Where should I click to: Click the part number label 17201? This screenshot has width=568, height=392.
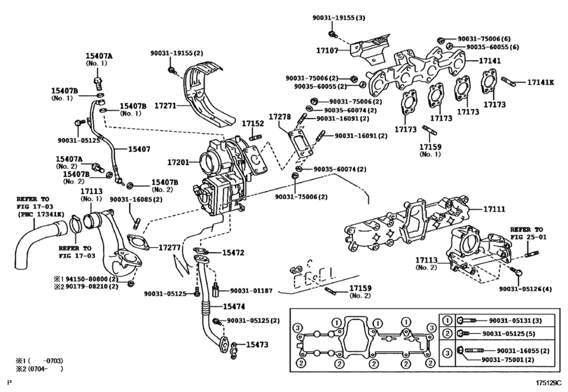point(178,162)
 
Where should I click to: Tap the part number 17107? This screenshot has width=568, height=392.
point(327,50)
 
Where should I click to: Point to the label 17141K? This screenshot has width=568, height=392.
point(541,82)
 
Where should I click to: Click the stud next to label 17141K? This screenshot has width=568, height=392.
point(508,81)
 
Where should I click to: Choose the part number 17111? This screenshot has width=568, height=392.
point(494,209)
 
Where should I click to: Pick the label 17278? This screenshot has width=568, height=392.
point(279,117)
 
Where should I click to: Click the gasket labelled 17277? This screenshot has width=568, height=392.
point(139,242)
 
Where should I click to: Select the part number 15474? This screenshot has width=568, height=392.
point(234,307)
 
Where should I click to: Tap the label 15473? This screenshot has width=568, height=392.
point(257,344)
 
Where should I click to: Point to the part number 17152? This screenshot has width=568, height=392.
point(253,123)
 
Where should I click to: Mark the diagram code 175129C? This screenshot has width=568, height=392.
point(550,382)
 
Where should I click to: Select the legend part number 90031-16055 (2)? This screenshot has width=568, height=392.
point(522,351)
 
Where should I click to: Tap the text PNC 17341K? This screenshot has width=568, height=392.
point(41,214)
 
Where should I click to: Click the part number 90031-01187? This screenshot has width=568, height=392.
point(251,290)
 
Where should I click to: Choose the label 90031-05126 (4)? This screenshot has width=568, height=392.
point(525,289)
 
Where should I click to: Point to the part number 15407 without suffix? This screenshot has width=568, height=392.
point(139,149)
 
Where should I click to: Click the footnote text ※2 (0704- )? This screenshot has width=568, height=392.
point(39,369)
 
